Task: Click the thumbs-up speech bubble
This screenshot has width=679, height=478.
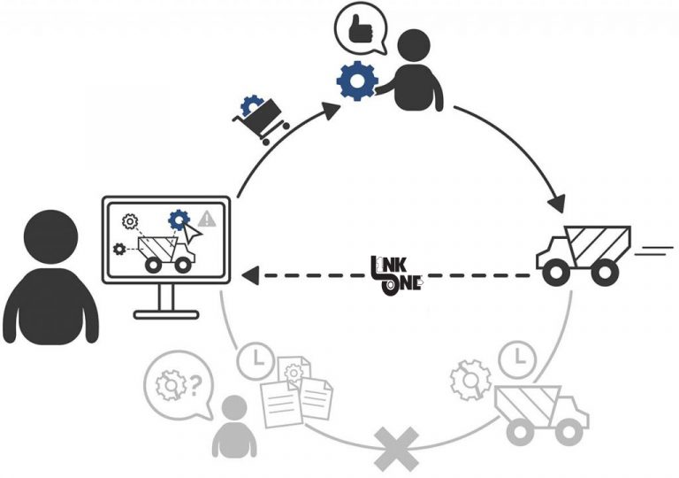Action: click(360, 32)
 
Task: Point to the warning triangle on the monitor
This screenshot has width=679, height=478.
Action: click(207, 218)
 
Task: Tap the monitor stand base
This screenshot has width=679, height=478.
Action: click(167, 313)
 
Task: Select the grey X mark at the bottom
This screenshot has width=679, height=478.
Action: click(396, 450)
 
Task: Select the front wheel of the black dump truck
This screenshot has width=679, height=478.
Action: click(555, 274)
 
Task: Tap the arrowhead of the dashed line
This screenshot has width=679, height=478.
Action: click(250, 275)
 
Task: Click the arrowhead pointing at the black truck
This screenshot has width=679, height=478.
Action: click(559, 204)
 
